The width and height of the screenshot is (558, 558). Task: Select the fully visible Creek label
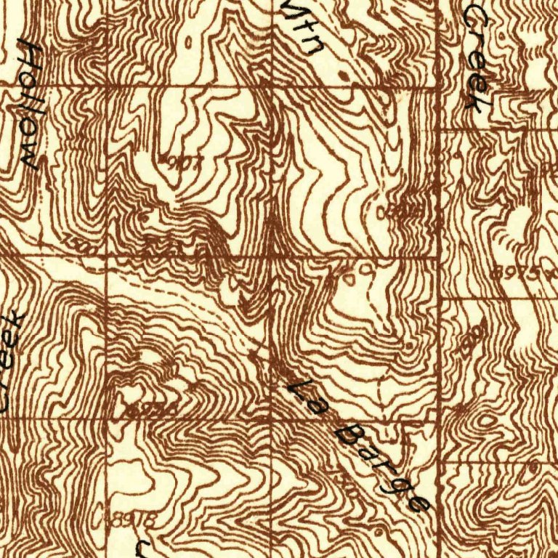click(475, 58)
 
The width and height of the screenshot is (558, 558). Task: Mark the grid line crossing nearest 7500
click(108, 256)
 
